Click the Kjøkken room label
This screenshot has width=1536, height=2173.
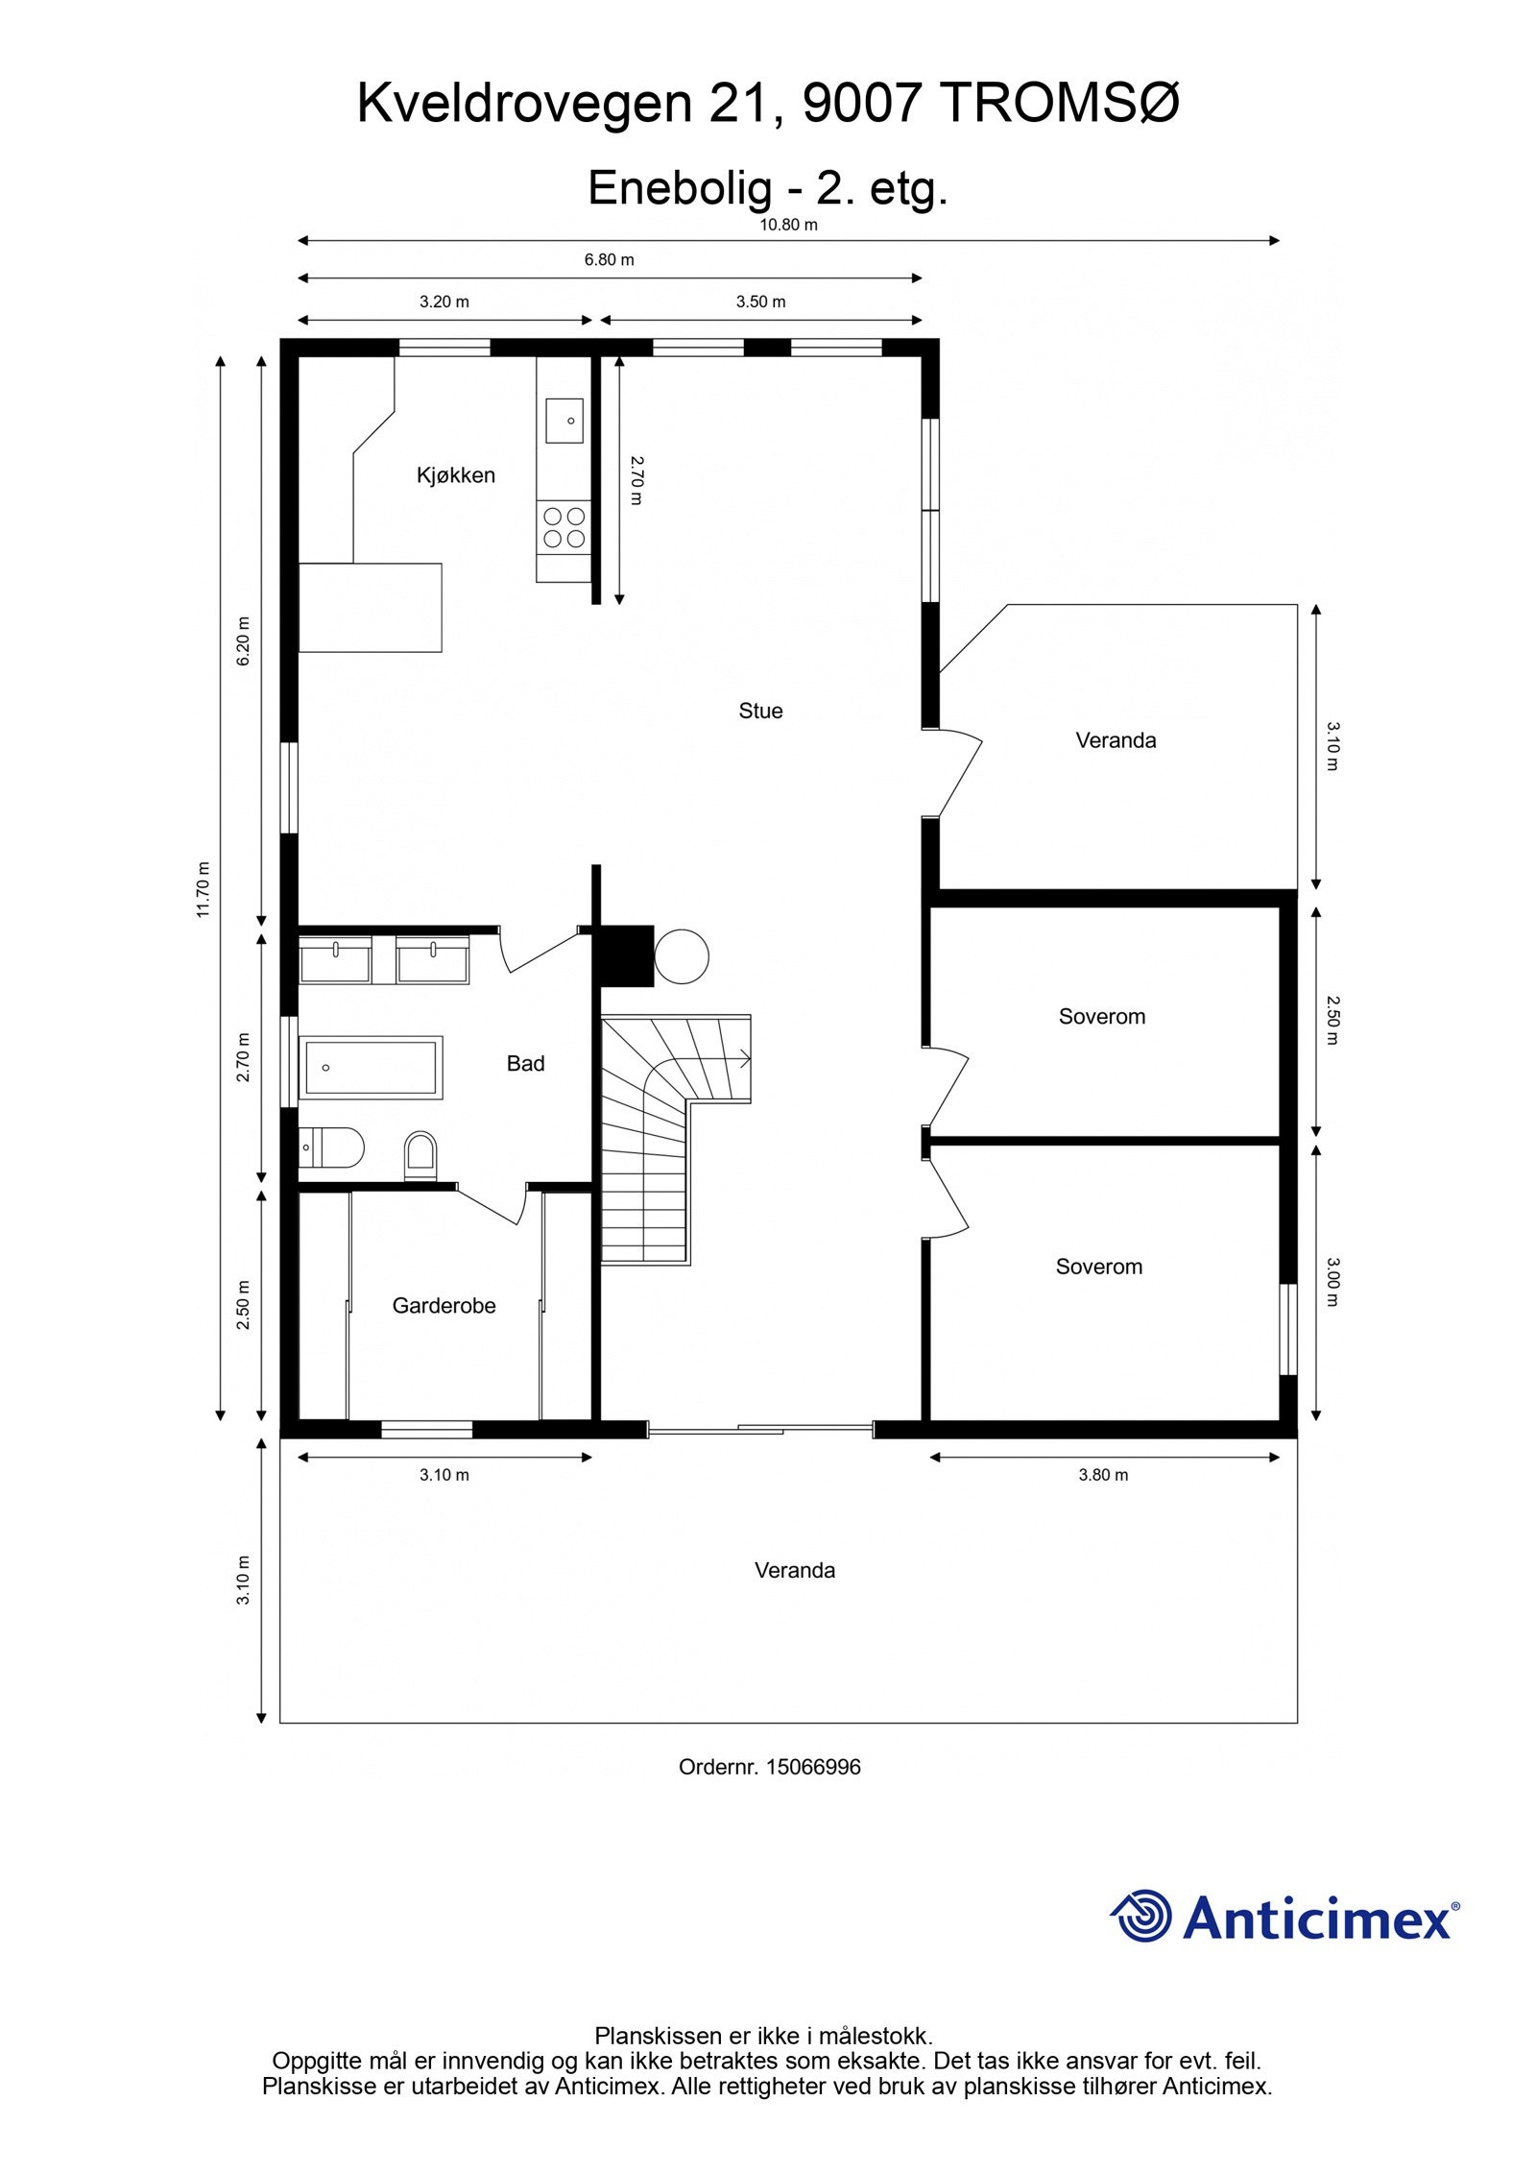pyautogui.click(x=455, y=475)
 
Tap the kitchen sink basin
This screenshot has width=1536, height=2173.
pyautogui.click(x=564, y=421)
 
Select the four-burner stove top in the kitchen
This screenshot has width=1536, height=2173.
pyautogui.click(x=564, y=528)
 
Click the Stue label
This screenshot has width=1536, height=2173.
pyautogui.click(x=760, y=711)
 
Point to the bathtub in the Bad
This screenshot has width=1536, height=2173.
pyautogui.click(x=371, y=1067)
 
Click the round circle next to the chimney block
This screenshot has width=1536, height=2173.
pyautogui.click(x=682, y=956)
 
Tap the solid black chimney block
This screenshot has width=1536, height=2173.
pyautogui.click(x=625, y=955)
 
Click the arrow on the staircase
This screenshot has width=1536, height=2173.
pyautogui.click(x=743, y=1059)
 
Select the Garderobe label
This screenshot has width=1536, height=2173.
pyautogui.click(x=444, y=1306)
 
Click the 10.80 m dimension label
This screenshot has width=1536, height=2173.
pyautogui.click(x=788, y=225)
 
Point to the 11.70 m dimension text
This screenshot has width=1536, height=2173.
pyautogui.click(x=203, y=889)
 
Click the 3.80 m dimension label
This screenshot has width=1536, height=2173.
pyautogui.click(x=1103, y=1475)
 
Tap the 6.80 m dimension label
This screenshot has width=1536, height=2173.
pyautogui.click(x=609, y=259)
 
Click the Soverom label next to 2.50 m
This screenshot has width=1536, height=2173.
pyautogui.click(x=1101, y=1017)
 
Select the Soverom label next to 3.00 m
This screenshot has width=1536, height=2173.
pyautogui.click(x=1098, y=1267)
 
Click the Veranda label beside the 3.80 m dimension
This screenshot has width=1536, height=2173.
pyautogui.click(x=794, y=1570)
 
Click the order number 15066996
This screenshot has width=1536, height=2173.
pyautogui.click(x=812, y=1767)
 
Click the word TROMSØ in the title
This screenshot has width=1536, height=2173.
pyautogui.click(x=1060, y=103)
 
